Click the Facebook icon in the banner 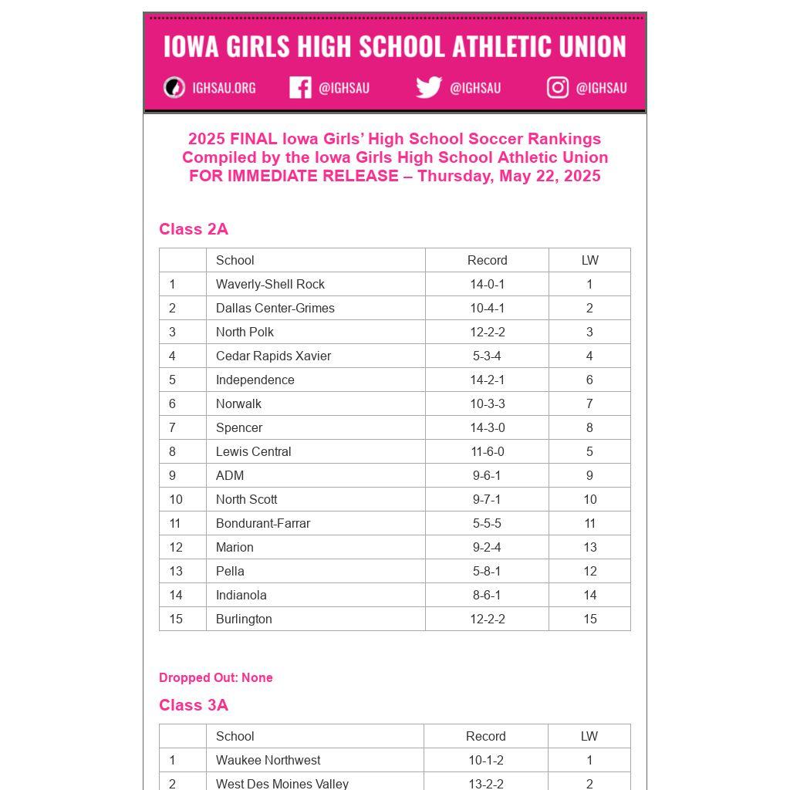[x=300, y=88]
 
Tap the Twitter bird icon [x=428, y=88]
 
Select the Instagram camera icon [x=558, y=88]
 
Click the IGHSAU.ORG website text [x=224, y=88]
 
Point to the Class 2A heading [x=194, y=229]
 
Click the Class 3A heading [x=194, y=705]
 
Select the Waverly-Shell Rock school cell [x=270, y=284]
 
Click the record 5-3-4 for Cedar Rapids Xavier [x=487, y=356]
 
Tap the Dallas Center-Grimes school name [x=275, y=308]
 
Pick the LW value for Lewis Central [x=589, y=451]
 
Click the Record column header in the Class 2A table [x=487, y=260]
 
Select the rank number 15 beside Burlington [x=176, y=619]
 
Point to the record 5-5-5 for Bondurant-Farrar [x=487, y=523]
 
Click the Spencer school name [x=239, y=427]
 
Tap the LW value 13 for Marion [x=589, y=547]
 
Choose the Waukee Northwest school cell [x=268, y=760]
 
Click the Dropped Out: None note [x=216, y=677]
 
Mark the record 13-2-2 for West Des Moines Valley [x=486, y=784]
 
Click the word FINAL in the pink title [x=253, y=139]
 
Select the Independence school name [x=255, y=380]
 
